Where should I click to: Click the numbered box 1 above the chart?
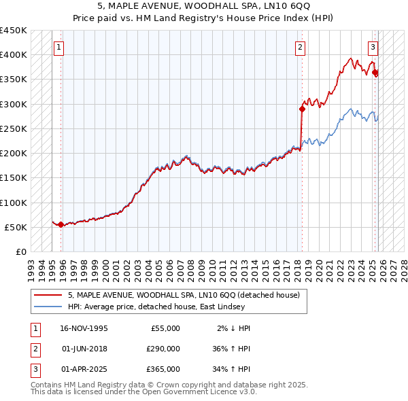[x=59, y=48]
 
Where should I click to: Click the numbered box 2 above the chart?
[x=300, y=48]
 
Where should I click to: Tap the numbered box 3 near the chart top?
[x=373, y=48]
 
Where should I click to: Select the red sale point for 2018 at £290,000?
[x=303, y=108]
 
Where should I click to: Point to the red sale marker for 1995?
[x=61, y=224]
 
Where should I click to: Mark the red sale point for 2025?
[x=375, y=72]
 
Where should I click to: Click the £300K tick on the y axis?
[x=14, y=104]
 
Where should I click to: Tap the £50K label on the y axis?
[x=16, y=227]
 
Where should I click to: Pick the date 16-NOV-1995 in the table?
[x=84, y=328]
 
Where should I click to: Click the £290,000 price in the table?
[x=163, y=349]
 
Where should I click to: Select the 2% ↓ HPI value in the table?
[x=233, y=328]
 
